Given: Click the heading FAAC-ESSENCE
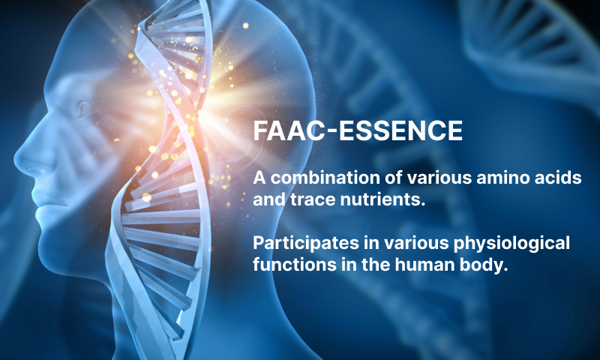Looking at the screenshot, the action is pos(358,130).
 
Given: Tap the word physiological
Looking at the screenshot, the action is pos(511,243).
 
